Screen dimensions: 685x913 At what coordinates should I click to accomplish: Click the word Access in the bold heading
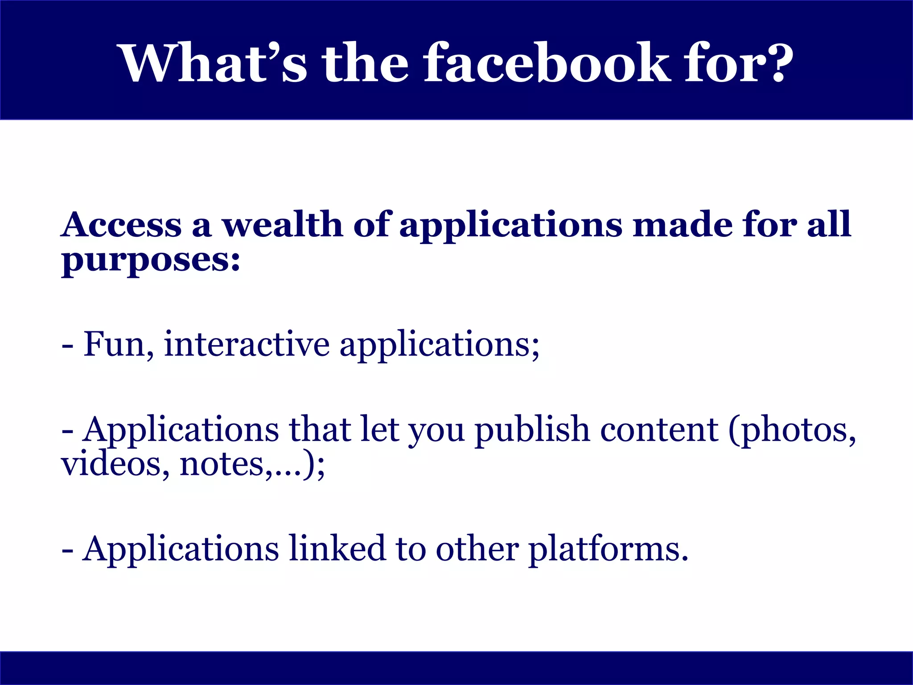(122, 224)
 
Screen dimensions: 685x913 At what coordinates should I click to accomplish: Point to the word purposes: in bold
(151, 261)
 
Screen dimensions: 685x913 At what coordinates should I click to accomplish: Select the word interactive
(247, 344)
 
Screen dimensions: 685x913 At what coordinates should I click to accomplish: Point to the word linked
(337, 548)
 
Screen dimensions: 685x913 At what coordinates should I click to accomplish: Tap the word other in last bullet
(477, 548)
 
